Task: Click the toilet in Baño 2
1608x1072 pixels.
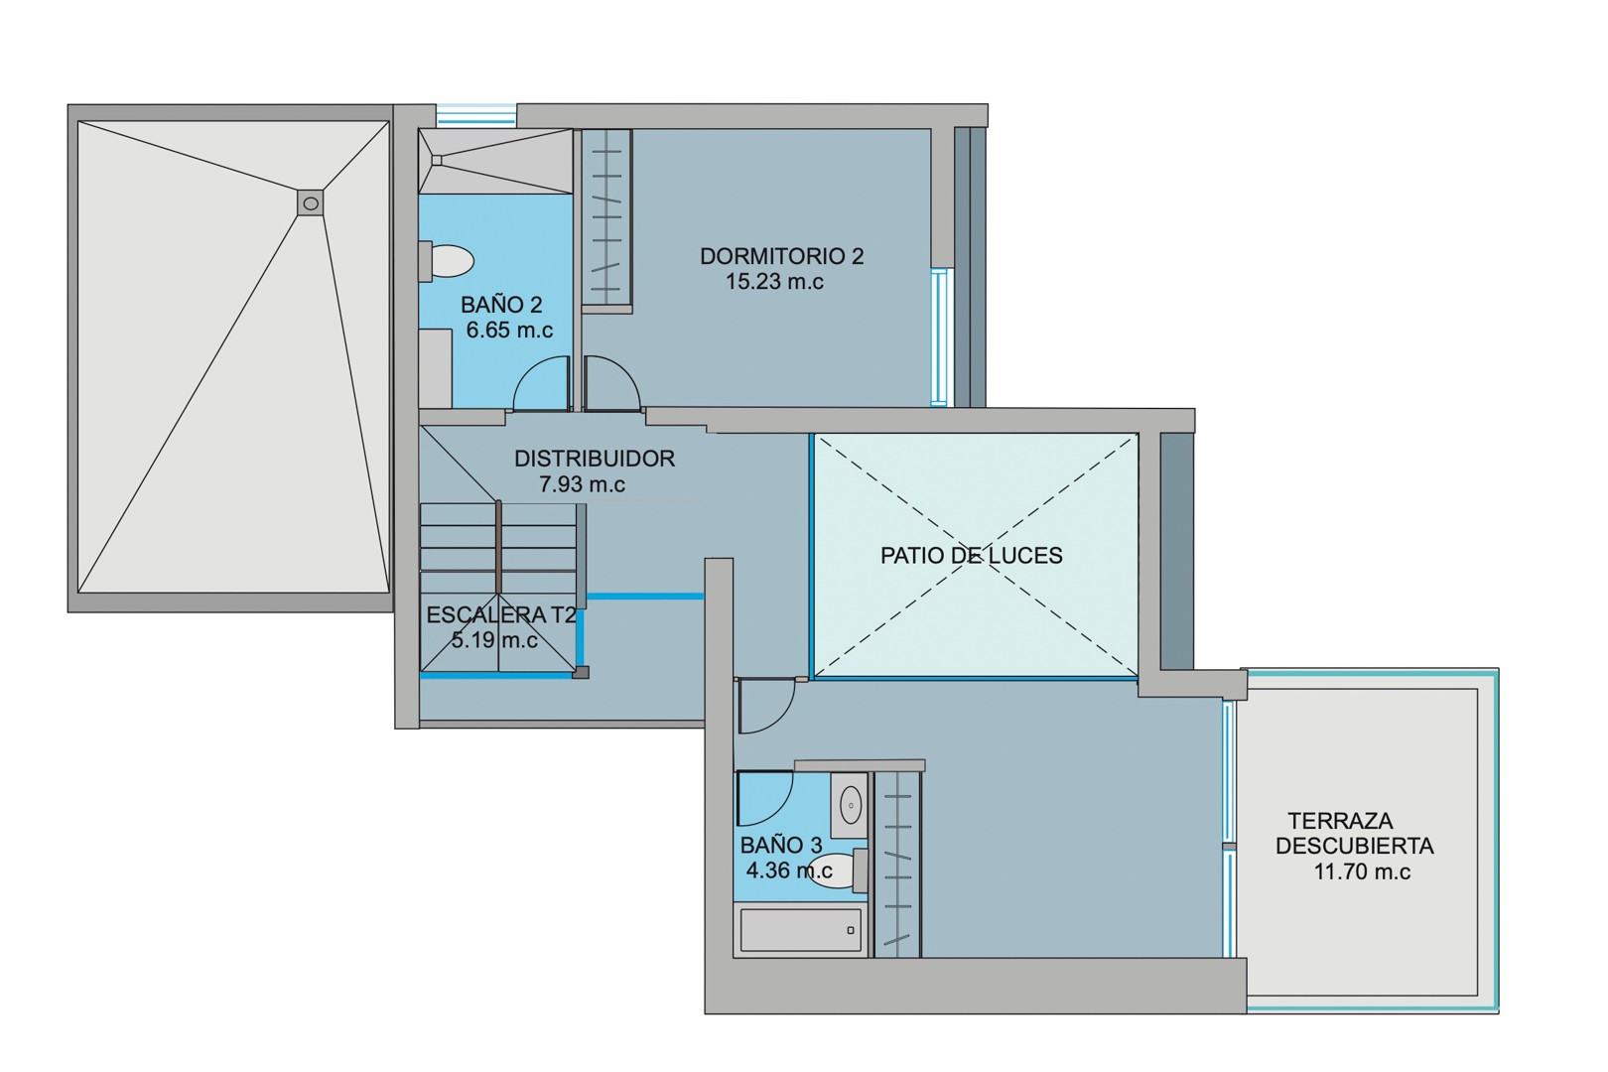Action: (449, 261)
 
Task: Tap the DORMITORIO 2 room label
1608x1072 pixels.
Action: (781, 256)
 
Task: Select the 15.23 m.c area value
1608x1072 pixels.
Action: (774, 282)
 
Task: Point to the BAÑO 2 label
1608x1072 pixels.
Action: (501, 305)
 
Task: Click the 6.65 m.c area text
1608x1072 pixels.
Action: (509, 331)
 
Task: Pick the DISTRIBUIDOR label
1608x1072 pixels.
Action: (594, 459)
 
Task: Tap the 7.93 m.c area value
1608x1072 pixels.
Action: (582, 484)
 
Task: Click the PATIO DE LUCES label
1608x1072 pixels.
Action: (971, 556)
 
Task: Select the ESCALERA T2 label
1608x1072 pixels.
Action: (500, 615)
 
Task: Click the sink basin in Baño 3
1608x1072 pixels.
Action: (851, 804)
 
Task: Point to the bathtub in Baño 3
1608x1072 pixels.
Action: (800, 930)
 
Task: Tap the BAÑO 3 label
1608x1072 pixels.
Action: (781, 846)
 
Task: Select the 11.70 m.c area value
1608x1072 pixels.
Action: (1362, 872)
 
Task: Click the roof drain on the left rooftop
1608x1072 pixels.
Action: (311, 203)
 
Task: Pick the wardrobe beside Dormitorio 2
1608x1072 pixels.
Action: (606, 217)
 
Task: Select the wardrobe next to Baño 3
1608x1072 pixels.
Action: (896, 864)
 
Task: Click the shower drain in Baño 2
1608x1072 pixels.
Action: (436, 160)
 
